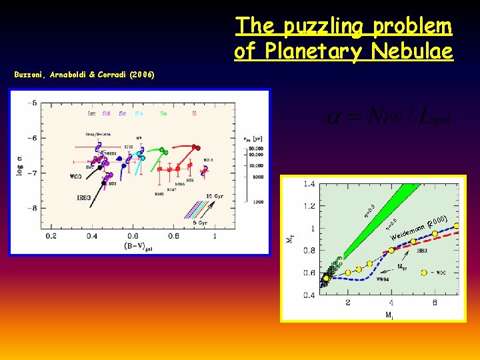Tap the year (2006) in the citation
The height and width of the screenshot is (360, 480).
coord(143,75)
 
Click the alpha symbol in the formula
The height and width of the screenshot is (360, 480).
coord(335,118)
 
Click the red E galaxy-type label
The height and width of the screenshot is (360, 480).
coord(194,114)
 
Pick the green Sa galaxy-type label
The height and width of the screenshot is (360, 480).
coord(163,114)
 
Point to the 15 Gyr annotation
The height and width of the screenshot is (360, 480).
coord(215,195)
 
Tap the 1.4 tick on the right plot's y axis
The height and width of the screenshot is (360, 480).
coord(309,183)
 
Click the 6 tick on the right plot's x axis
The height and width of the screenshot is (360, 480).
coord(435,303)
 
